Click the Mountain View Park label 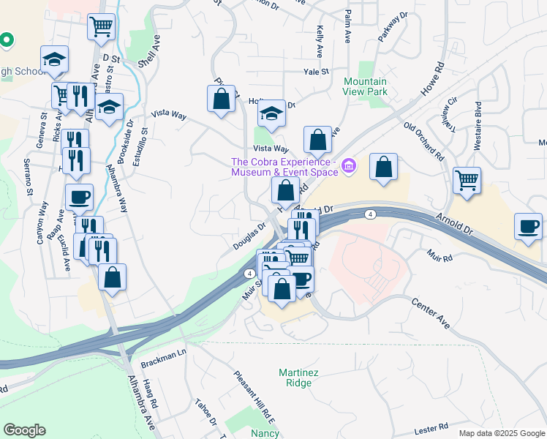click(366, 86)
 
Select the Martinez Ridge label click(299, 378)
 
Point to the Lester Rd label click(431, 425)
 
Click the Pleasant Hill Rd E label click(253, 397)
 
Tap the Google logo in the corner click(24, 430)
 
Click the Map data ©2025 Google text click(501, 433)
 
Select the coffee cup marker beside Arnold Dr click(528, 225)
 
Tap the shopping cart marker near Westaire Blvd click(467, 179)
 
